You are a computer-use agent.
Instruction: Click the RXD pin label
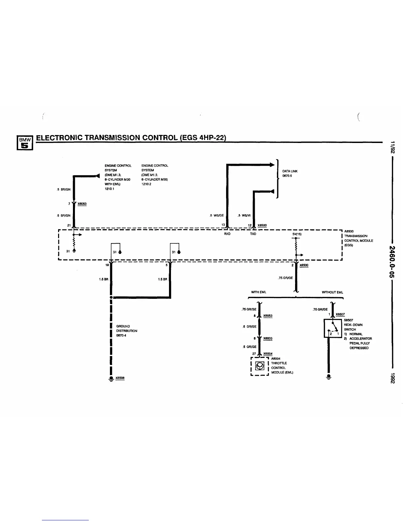227,234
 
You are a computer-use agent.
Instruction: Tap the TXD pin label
253,234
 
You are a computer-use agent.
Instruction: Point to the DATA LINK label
290,171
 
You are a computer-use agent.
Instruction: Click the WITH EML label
258,292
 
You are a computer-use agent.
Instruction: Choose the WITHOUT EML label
332,292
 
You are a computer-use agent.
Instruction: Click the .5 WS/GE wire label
217,215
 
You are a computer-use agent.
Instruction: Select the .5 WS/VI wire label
244,215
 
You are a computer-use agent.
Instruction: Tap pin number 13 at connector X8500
223,225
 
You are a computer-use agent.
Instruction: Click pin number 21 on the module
69,225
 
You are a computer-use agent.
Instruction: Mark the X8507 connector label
340,314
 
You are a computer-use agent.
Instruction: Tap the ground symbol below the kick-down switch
328,376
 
